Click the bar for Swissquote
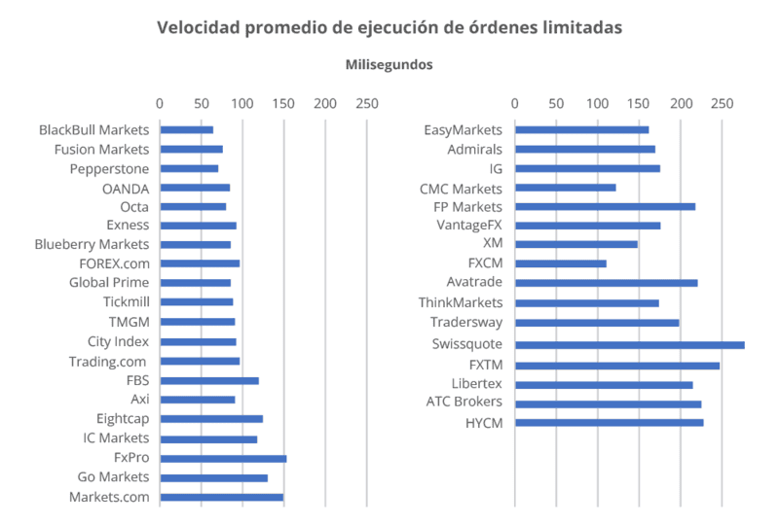(629, 345)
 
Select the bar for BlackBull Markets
(186, 129)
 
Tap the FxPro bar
(223, 458)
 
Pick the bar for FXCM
(560, 263)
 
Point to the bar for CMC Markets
(565, 188)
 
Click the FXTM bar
(616, 366)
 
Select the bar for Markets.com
(221, 497)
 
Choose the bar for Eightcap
(211, 419)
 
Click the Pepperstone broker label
(109, 168)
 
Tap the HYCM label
(483, 422)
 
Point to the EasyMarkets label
(463, 129)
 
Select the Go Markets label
(113, 476)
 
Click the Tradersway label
(465, 322)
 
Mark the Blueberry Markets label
(92, 244)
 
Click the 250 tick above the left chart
(366, 103)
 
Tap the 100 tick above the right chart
(597, 103)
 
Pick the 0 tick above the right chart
(514, 103)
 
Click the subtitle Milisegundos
(389, 65)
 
